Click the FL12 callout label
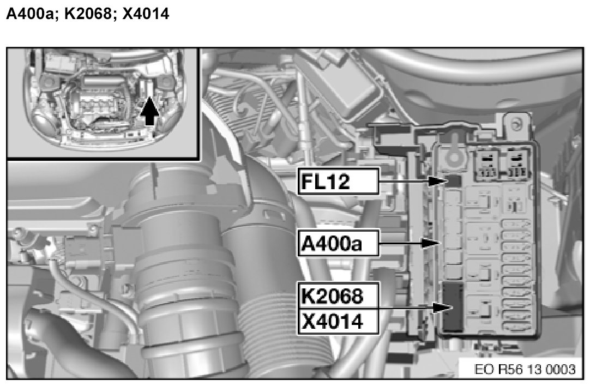tap(338, 182)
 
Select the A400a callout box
tap(338, 243)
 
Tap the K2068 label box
tap(338, 295)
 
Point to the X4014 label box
tap(338, 322)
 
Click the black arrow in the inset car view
tap(149, 111)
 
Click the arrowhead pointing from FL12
tap(438, 182)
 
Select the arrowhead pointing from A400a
tap(431, 243)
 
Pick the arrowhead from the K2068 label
tap(442, 307)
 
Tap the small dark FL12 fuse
tap(453, 181)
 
